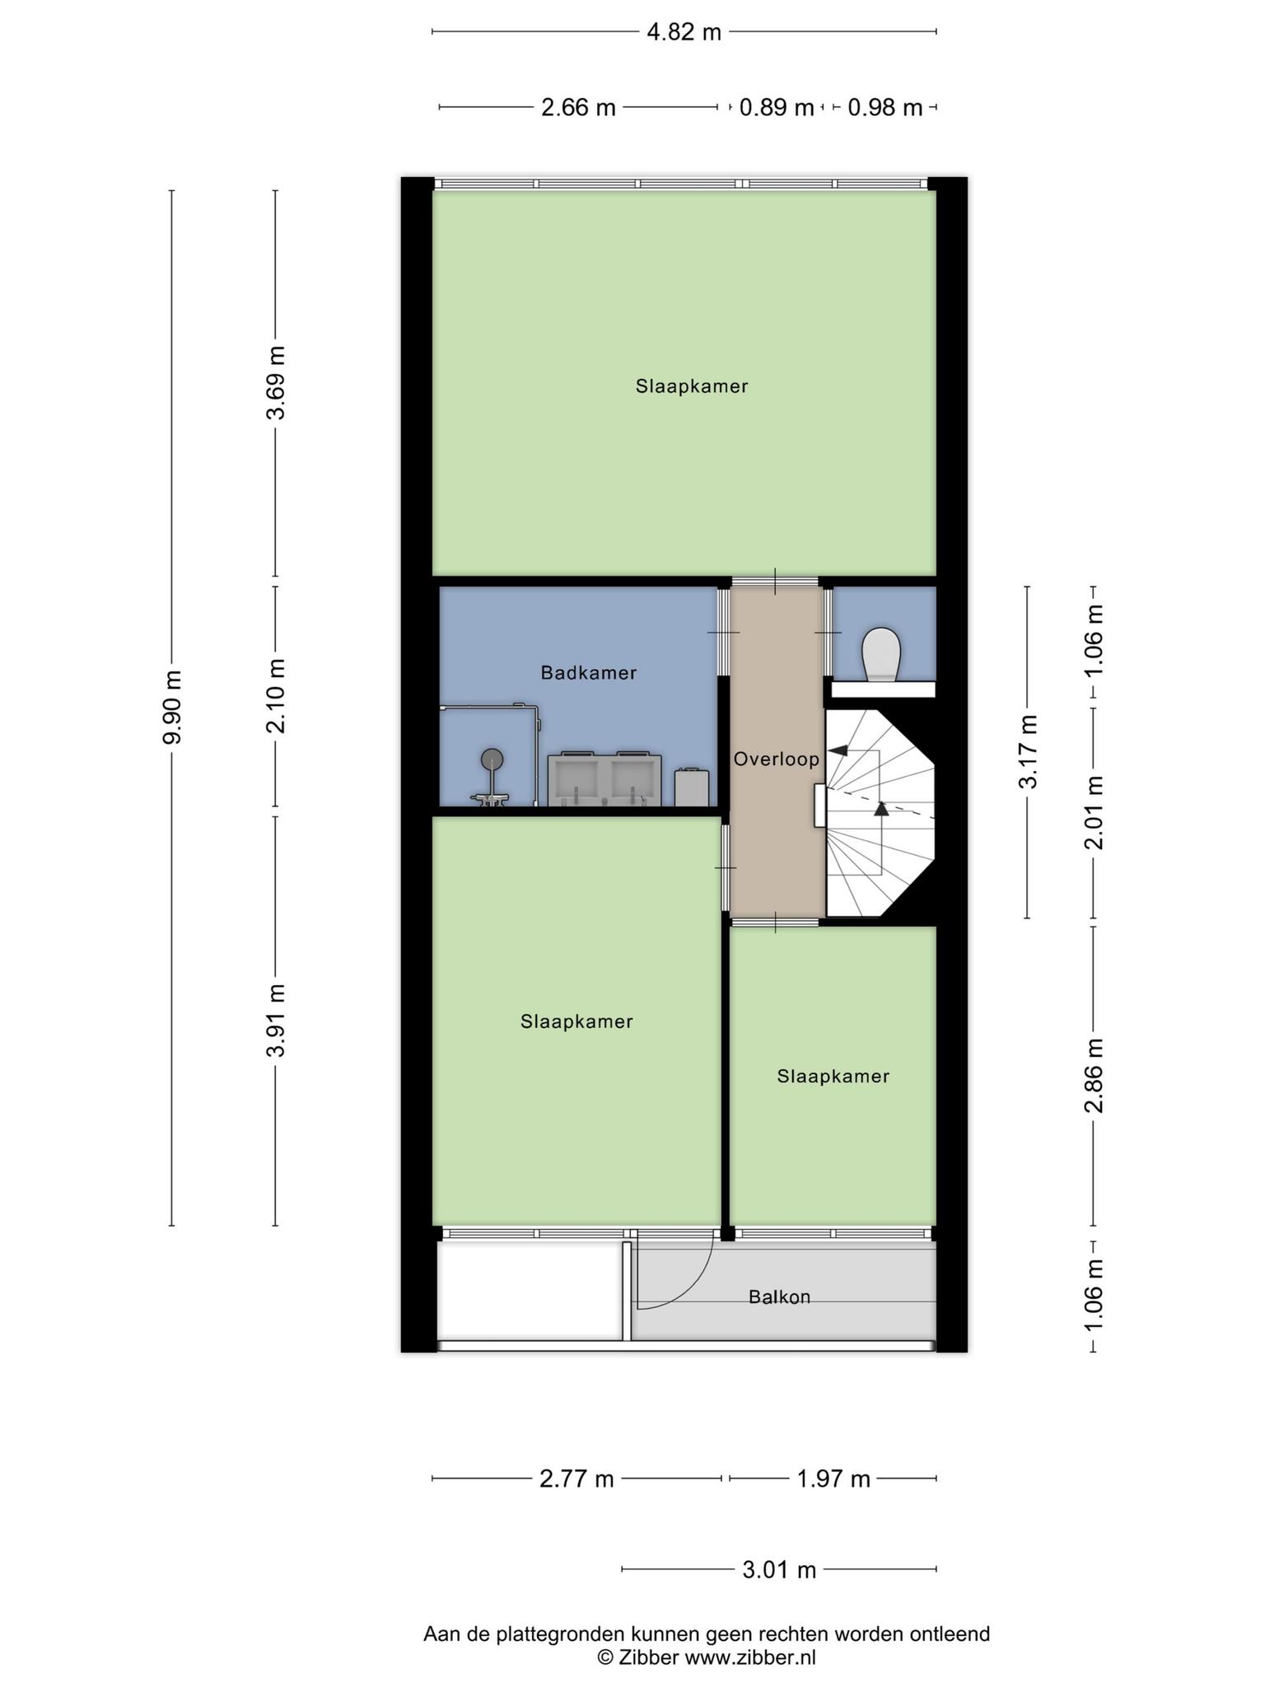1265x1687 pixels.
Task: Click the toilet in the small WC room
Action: [x=881, y=655]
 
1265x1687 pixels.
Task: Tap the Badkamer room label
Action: [x=589, y=673]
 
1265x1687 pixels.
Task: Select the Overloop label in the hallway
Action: [x=777, y=759]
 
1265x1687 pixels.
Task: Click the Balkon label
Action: [x=780, y=1297]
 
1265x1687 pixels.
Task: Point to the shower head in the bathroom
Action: [x=492, y=759]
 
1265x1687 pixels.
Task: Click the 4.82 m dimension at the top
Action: [x=684, y=32]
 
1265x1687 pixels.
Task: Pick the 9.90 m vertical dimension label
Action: [x=171, y=707]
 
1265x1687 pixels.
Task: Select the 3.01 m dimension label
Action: [x=779, y=1570]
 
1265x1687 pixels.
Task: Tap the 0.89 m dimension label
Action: [x=777, y=108]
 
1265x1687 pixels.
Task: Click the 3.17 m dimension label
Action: [x=1028, y=752]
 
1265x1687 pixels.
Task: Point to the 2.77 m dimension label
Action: [x=576, y=1479]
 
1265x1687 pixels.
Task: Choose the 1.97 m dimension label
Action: [x=833, y=1479]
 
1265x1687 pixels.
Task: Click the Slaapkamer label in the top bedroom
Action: [x=692, y=386]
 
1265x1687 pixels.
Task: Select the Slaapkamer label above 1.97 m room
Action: [x=833, y=1077]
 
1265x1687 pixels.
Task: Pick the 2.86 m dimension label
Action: [x=1094, y=1075]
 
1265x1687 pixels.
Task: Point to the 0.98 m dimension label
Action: [x=885, y=108]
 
